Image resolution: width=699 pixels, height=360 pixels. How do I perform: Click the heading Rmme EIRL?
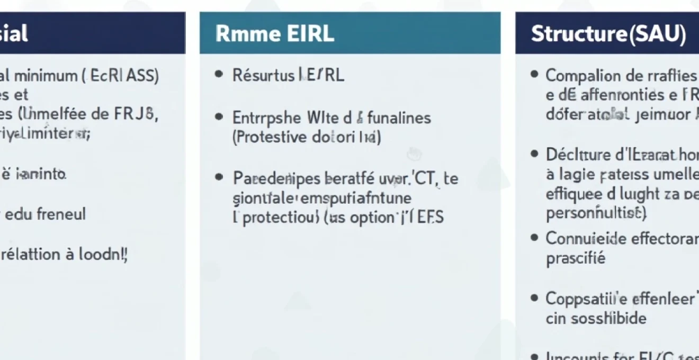point(275,34)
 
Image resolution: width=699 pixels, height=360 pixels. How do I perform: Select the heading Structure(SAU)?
point(608,34)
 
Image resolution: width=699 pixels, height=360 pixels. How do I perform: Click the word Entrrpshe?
point(265,117)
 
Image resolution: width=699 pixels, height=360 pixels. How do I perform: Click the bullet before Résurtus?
point(219,75)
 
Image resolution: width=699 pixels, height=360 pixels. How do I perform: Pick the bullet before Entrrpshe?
point(219,117)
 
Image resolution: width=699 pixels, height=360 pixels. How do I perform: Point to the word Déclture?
point(573,155)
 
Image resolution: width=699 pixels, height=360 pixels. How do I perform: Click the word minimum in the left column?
point(44,76)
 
